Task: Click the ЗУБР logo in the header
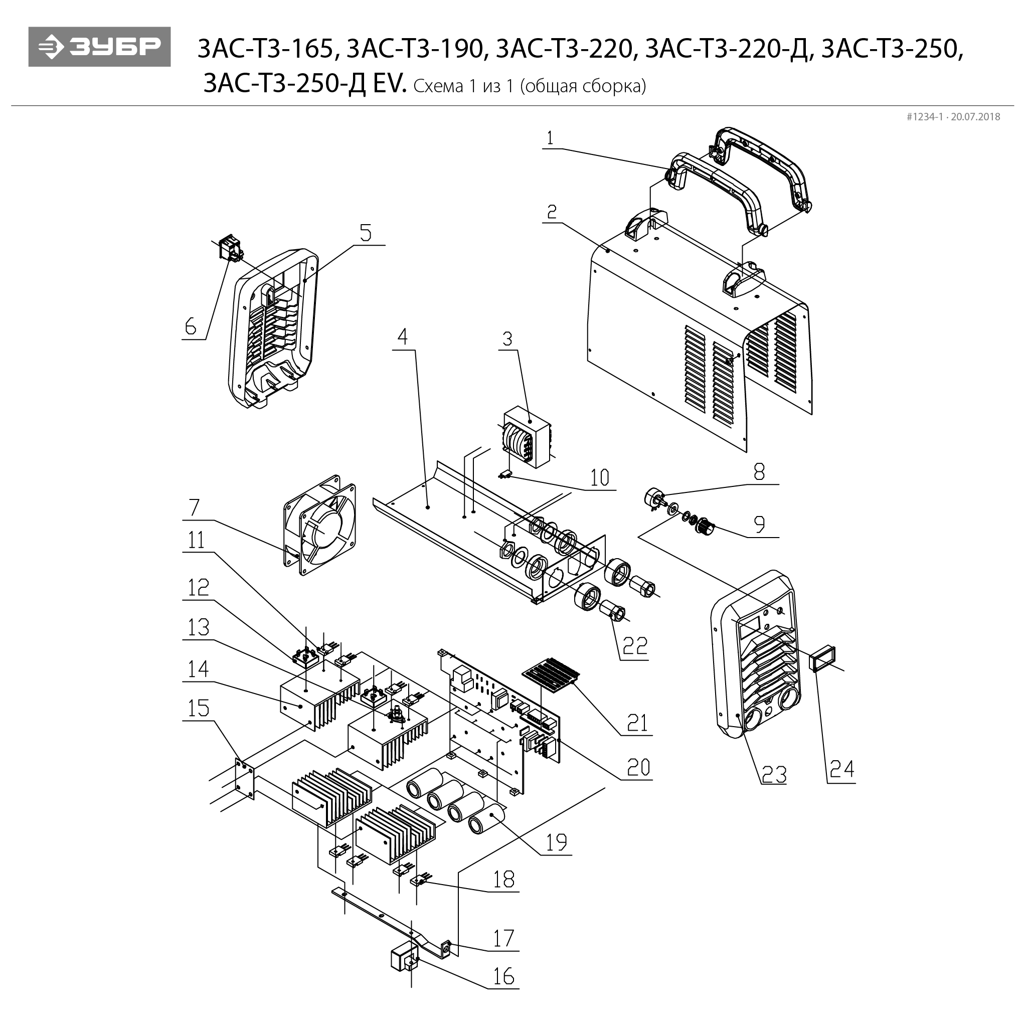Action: [99, 47]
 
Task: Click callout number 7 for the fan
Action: [194, 507]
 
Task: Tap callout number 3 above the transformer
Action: [507, 338]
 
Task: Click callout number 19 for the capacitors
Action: [557, 842]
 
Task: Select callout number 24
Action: [842, 769]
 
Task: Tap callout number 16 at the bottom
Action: [503, 976]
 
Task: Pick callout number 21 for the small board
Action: [637, 723]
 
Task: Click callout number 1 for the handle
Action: [550, 138]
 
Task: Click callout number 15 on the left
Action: [199, 708]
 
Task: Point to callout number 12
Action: [199, 588]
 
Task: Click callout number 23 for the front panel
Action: [774, 775]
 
